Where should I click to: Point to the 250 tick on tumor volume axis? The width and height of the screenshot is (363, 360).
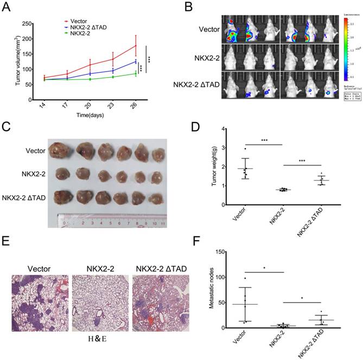coord(28,24)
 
